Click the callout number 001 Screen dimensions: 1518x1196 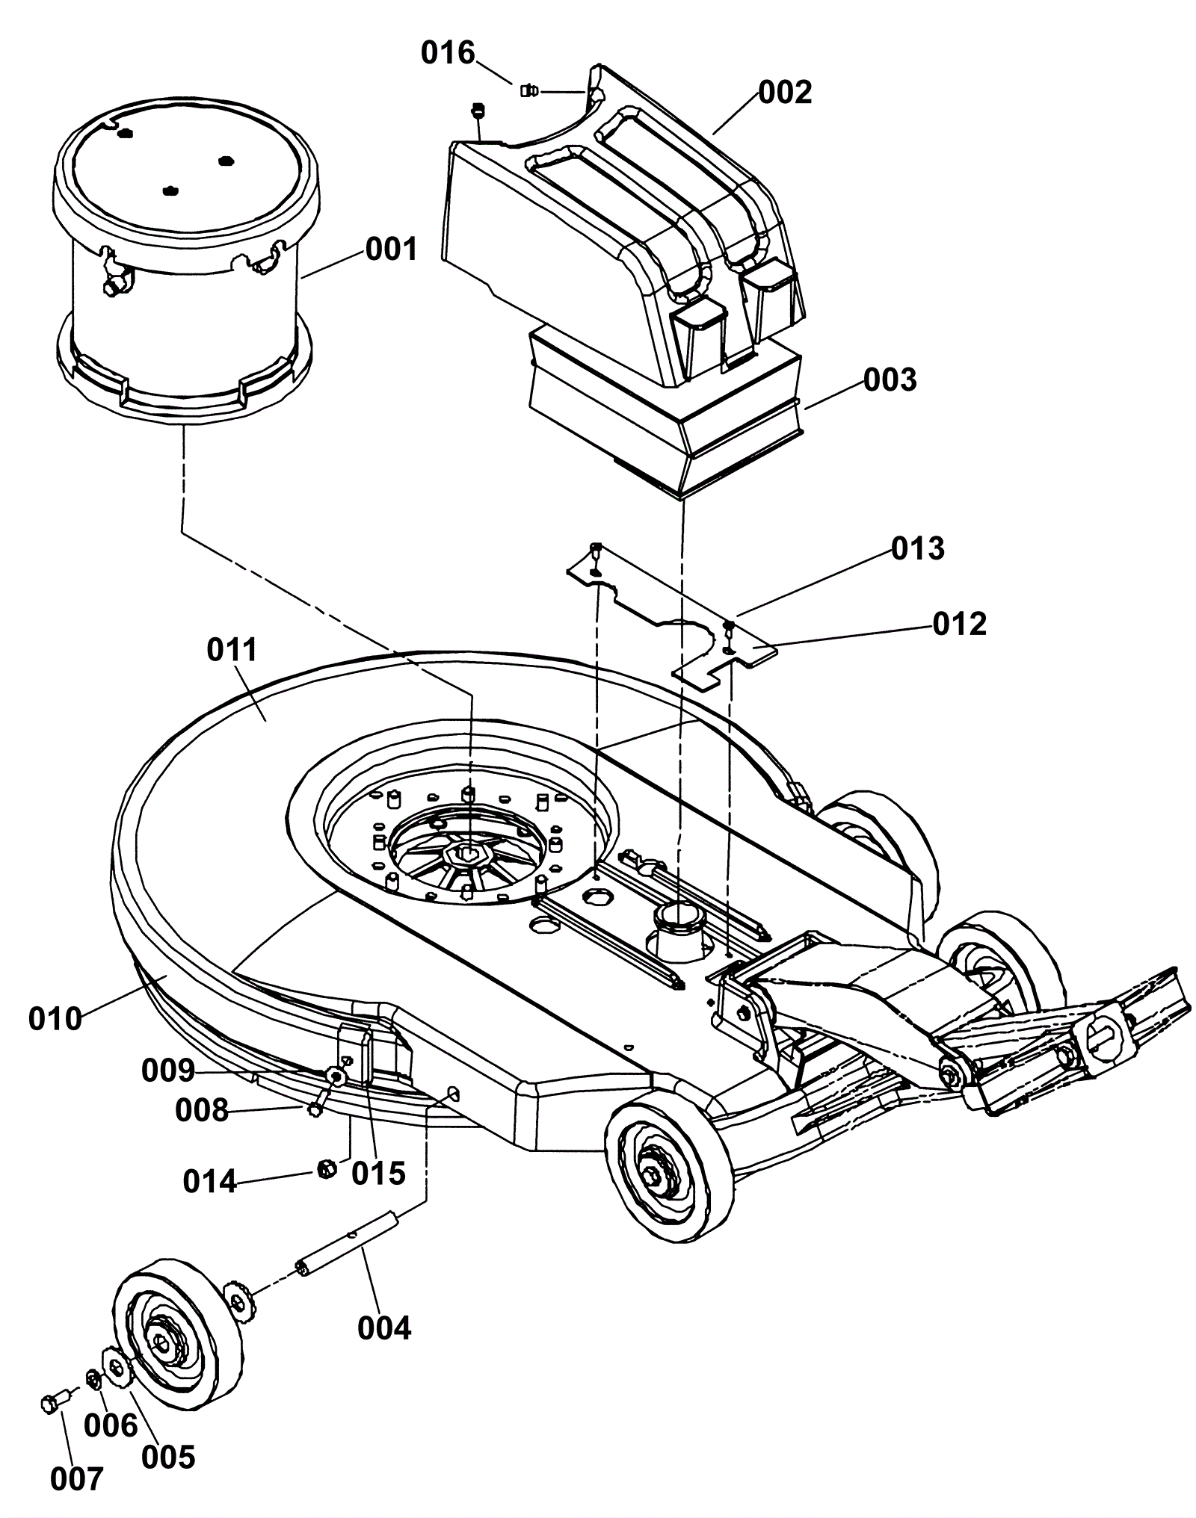(391, 249)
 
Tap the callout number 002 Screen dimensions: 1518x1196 (785, 93)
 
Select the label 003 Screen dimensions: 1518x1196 (890, 380)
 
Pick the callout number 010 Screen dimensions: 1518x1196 (55, 1019)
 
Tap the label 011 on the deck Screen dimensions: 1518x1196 (232, 650)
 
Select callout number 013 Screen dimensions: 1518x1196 (918, 548)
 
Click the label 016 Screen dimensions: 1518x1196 (448, 53)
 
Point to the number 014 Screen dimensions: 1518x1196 (209, 1181)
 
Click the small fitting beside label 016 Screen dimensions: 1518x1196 (527, 91)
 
